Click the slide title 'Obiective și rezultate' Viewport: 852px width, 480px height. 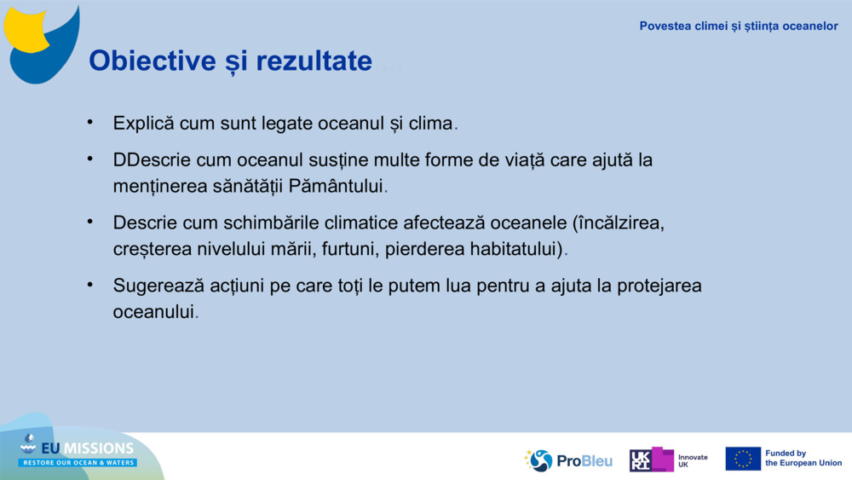tap(230, 61)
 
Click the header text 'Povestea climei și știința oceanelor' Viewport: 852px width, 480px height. tap(739, 26)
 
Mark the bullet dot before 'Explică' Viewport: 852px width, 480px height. tap(90, 122)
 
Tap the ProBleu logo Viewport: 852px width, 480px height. tap(568, 460)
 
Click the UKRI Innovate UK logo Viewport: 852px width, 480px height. tap(669, 460)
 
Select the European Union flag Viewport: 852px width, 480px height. tap(743, 459)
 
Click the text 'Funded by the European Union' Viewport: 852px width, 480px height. tap(803, 459)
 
